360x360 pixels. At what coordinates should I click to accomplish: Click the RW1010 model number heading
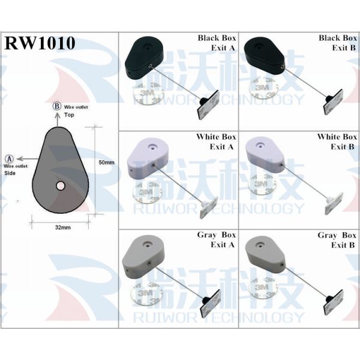point(40,43)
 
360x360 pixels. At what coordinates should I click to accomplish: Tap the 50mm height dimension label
point(106,163)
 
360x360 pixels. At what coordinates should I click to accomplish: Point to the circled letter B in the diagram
point(57,106)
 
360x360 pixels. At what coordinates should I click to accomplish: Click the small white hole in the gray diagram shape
point(61,185)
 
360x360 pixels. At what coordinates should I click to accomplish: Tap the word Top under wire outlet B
point(69,114)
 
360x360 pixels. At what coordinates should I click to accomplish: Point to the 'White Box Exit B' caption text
point(337,142)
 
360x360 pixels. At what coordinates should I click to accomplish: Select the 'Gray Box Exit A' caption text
point(217,240)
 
